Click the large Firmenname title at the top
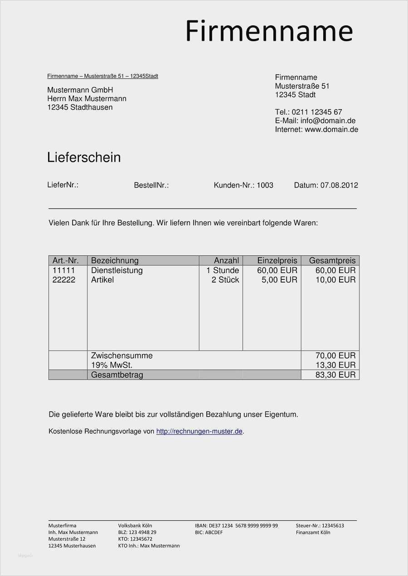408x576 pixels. [269, 31]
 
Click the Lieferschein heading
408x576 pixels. [84, 158]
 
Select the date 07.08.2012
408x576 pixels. [339, 185]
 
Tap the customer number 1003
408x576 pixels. [265, 185]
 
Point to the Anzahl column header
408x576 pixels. [226, 260]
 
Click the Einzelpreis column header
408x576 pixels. [277, 260]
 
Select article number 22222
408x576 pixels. [64, 280]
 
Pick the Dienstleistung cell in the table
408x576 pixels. [117, 270]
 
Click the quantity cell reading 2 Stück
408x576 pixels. [225, 280]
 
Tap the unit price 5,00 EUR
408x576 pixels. [279, 280]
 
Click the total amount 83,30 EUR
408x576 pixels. [335, 374]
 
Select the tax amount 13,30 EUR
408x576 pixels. [335, 365]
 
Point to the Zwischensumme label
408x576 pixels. [121, 355]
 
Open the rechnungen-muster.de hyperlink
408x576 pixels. [199, 432]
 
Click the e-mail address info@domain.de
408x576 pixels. [328, 121]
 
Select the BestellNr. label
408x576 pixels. [151, 185]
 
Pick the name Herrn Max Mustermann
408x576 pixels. [87, 99]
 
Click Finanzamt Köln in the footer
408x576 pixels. [313, 533]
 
